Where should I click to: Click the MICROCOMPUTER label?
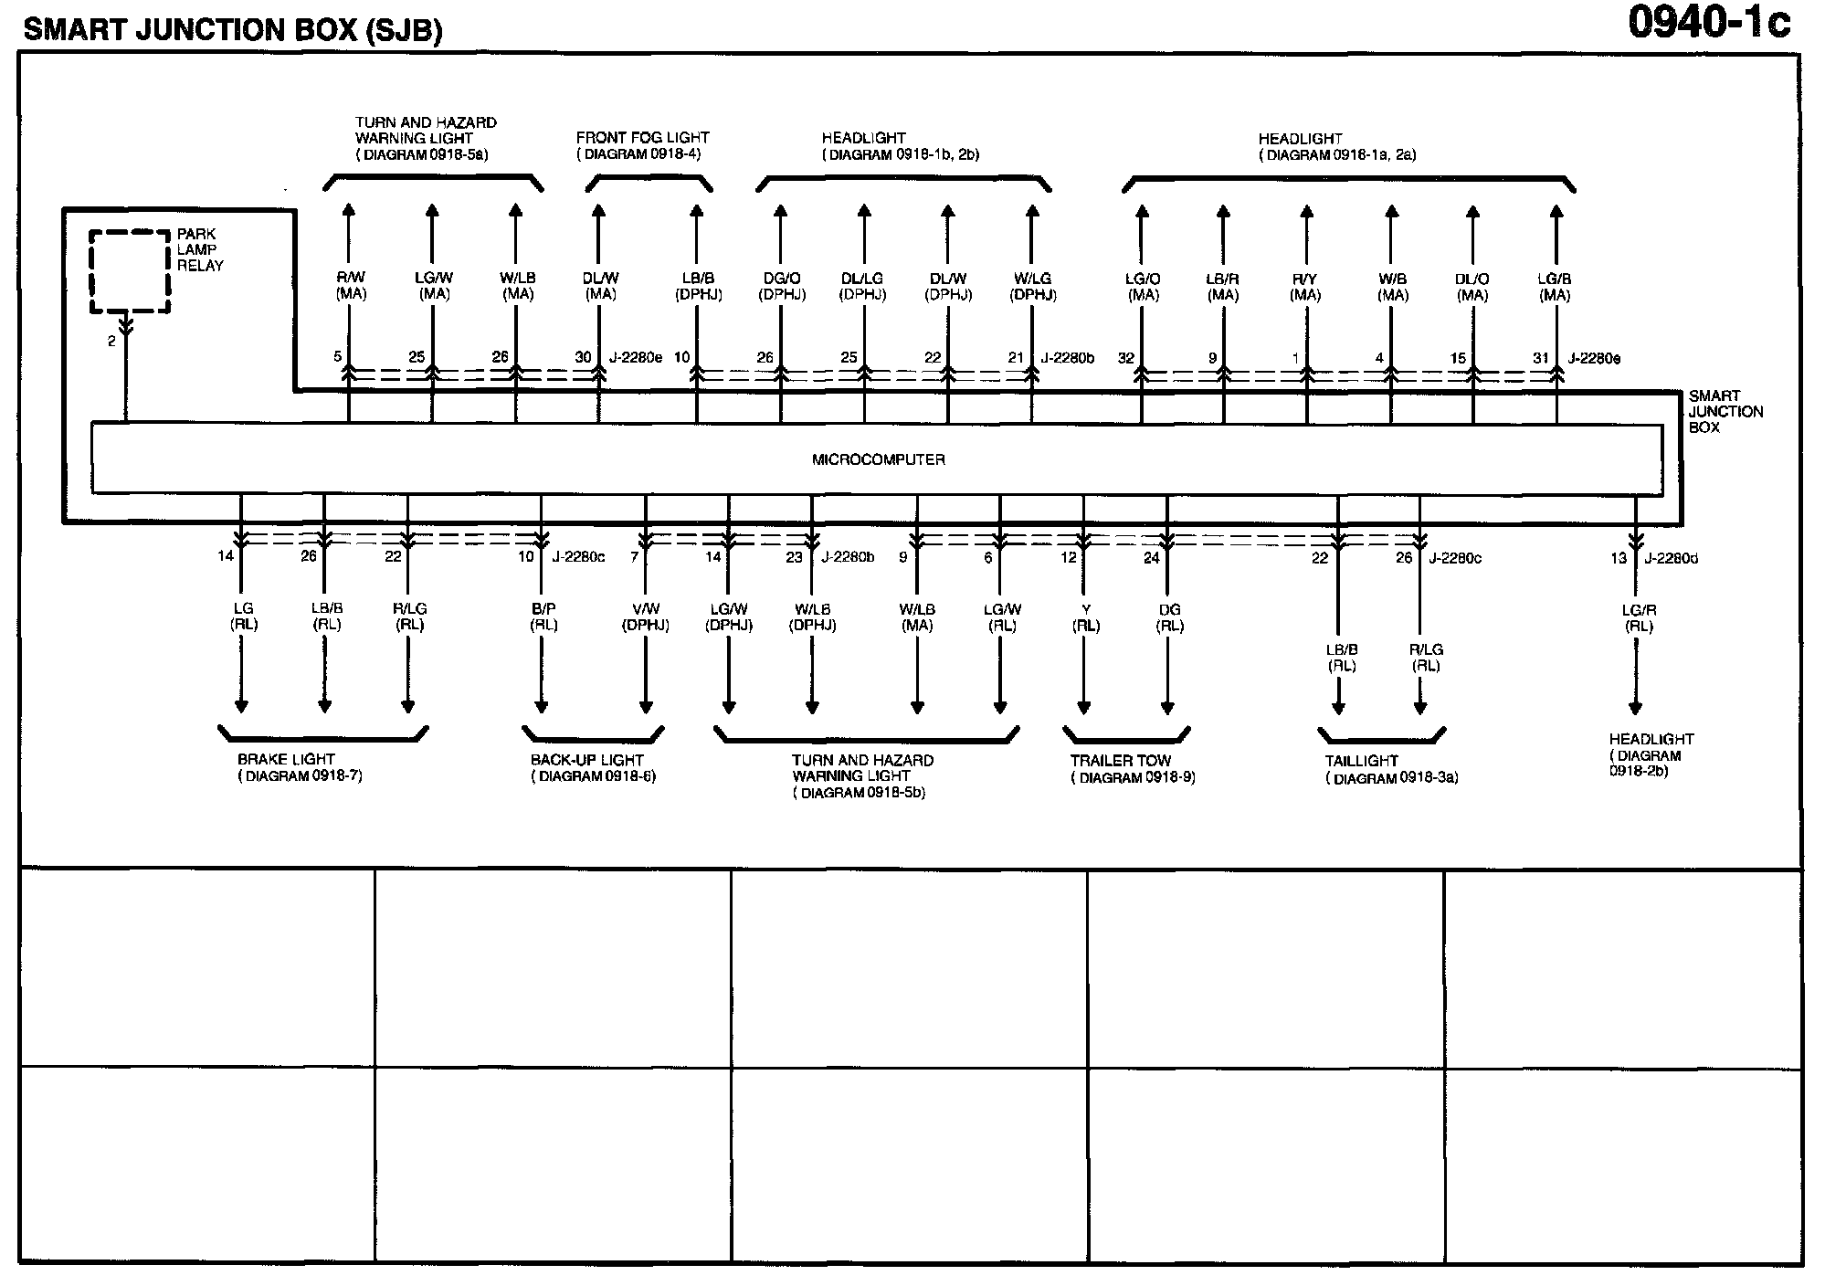pos(878,459)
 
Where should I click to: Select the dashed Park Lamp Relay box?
pos(130,271)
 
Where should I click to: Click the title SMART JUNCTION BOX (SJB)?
pos(233,30)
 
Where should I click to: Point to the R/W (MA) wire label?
pos(351,285)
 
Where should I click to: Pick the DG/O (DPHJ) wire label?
pos(782,287)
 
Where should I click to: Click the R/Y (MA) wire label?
pos(1305,287)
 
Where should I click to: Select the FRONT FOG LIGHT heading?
pos(642,138)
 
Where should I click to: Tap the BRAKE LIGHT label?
pos(286,759)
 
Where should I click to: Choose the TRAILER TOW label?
pos(1121,760)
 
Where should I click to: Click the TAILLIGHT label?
pos(1361,761)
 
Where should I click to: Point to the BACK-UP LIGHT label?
pos(586,760)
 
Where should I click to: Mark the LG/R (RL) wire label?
pos(1639,618)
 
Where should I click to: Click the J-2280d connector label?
pos(1671,558)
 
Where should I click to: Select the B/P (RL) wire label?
pos(543,617)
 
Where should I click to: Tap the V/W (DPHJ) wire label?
pos(645,617)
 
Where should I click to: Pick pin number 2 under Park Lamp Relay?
pos(111,341)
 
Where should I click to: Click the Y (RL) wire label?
pos(1085,617)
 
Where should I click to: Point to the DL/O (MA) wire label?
pos(1472,287)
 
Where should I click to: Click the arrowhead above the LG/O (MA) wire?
pos(1141,212)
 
